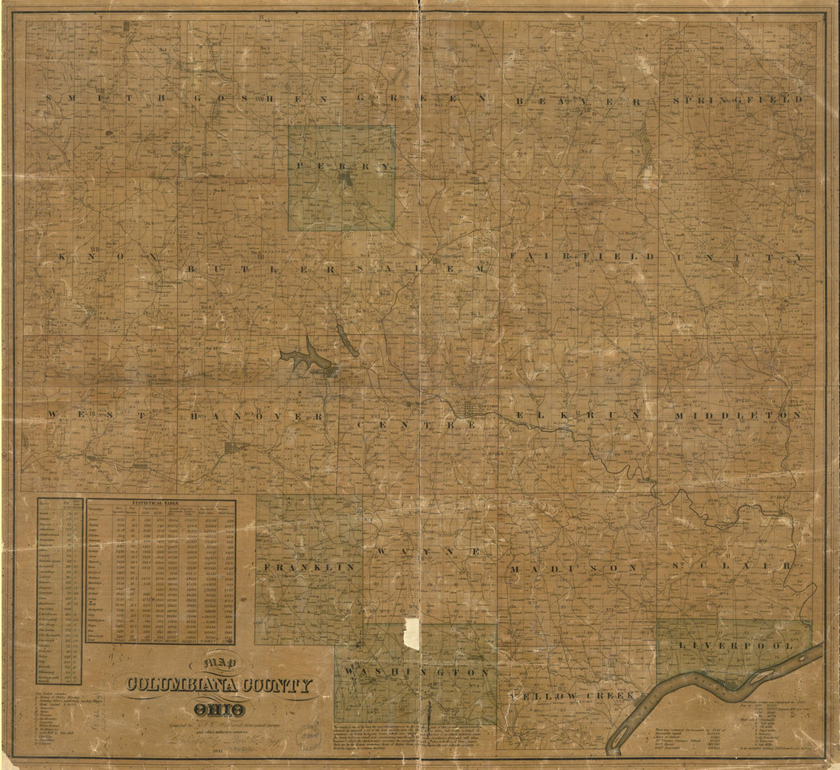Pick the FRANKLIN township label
point(309,567)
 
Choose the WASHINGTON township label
point(417,672)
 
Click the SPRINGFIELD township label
point(738,99)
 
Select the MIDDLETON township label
point(738,415)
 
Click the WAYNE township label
point(428,550)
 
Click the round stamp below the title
point(309,734)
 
